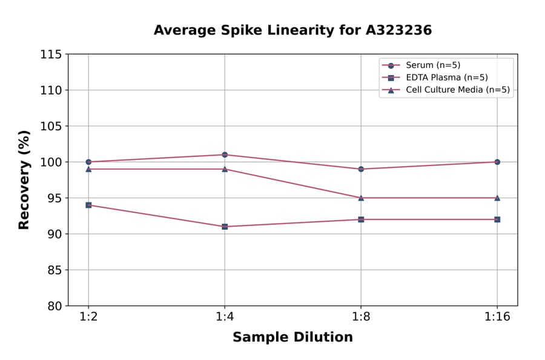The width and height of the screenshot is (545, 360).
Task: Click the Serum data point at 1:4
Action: (x=225, y=155)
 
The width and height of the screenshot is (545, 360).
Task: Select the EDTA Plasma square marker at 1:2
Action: (x=88, y=205)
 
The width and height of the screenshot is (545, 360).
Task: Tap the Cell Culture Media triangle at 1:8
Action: (x=361, y=198)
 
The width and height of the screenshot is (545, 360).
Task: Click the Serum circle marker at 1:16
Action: (x=497, y=162)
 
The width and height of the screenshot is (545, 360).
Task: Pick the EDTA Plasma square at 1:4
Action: (x=225, y=227)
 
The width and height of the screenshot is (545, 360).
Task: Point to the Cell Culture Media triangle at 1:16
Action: (x=497, y=198)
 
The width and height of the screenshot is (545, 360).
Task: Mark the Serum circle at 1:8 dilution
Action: (x=361, y=169)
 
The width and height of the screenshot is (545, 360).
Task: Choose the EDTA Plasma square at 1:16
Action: (x=497, y=219)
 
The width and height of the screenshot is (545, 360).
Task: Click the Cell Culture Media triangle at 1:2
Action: (x=88, y=169)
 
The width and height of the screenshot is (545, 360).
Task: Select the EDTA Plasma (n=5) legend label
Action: (x=446, y=78)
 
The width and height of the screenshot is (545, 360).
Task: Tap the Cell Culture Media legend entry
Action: (x=457, y=90)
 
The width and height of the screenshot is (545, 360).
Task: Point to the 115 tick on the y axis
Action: (x=51, y=55)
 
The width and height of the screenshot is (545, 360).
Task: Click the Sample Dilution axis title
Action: (x=292, y=338)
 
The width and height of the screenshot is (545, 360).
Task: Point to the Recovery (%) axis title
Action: (x=24, y=180)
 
